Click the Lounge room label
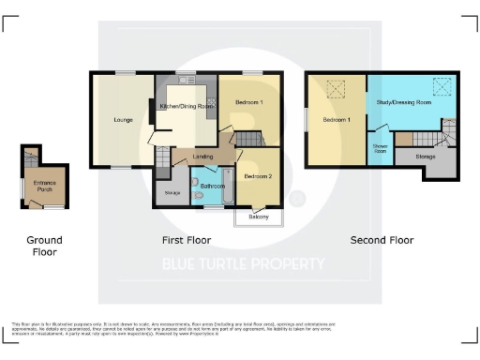pos(123,120)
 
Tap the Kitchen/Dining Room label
pos(187,107)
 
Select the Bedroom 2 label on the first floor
pos(258,176)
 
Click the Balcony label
pos(258,217)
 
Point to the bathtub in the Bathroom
pos(226,187)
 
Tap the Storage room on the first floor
pos(172,193)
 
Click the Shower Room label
pos(381,148)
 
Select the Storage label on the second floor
pos(426,156)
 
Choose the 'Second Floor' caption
pos(382,240)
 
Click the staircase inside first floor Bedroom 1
pos(246,139)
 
